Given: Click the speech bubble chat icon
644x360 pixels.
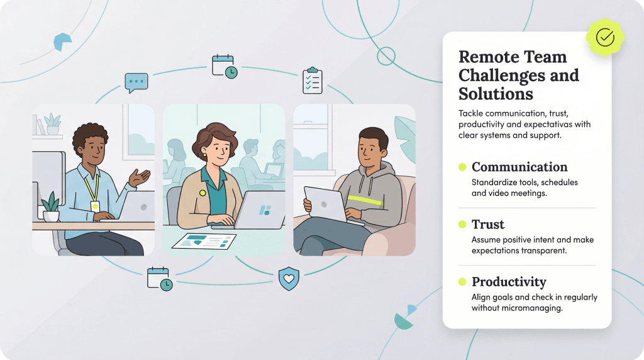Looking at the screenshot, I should pyautogui.click(x=136, y=82).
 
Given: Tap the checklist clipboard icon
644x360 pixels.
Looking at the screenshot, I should pyautogui.click(x=312, y=80).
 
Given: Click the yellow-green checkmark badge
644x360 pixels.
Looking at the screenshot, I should pyautogui.click(x=605, y=38).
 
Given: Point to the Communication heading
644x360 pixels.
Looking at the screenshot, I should pyautogui.click(x=519, y=167).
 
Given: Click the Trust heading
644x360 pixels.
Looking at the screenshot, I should pyautogui.click(x=488, y=225).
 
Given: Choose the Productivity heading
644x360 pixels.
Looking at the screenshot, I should pyautogui.click(x=509, y=282).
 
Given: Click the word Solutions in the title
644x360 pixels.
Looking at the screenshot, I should pyautogui.click(x=496, y=94).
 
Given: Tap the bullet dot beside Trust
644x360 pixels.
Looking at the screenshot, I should pyautogui.click(x=462, y=225).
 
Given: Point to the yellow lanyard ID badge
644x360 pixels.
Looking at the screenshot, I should pyautogui.click(x=95, y=205).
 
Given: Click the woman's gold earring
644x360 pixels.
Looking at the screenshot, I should pyautogui.click(x=204, y=154).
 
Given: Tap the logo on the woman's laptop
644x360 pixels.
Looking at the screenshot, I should pyautogui.click(x=265, y=210).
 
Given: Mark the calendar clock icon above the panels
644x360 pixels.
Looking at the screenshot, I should pyautogui.click(x=225, y=66).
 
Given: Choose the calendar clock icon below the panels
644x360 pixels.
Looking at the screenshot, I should pyautogui.click(x=160, y=279).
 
